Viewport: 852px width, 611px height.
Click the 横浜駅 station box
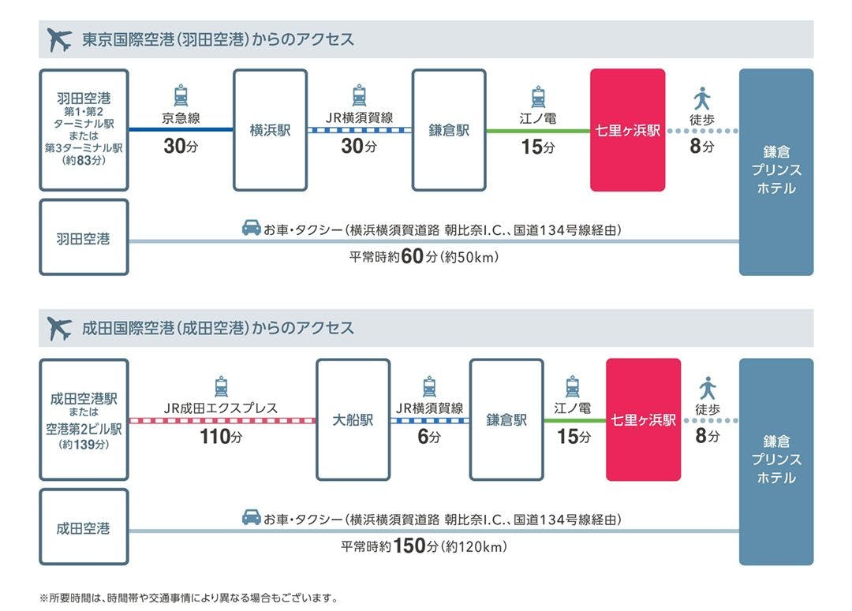[x=270, y=130]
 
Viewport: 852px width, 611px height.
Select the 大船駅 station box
[x=353, y=419]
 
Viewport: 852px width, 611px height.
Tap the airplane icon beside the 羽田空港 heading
[x=59, y=39]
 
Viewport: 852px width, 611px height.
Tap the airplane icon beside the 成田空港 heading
[x=59, y=328]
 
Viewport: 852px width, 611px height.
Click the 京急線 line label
[x=181, y=119]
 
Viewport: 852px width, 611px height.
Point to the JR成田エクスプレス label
[x=221, y=408]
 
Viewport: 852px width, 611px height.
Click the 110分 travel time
[x=221, y=436]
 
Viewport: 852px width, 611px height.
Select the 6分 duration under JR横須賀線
[x=428, y=436]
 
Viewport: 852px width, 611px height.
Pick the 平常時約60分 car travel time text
[x=424, y=256]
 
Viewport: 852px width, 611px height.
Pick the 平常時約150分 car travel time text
[x=424, y=546]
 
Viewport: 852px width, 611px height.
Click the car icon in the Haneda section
[x=251, y=229]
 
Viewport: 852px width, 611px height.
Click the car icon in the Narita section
[x=251, y=518]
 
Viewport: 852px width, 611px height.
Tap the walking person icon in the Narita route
[x=707, y=387]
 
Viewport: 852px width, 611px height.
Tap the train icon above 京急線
[x=181, y=95]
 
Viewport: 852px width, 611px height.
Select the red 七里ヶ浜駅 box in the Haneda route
[x=627, y=130]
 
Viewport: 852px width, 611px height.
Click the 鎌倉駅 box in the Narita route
[x=506, y=419]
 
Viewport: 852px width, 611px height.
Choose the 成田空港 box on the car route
[x=83, y=527]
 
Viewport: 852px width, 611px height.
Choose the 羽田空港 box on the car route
[x=83, y=237]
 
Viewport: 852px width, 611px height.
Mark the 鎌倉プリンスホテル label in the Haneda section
[x=776, y=170]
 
